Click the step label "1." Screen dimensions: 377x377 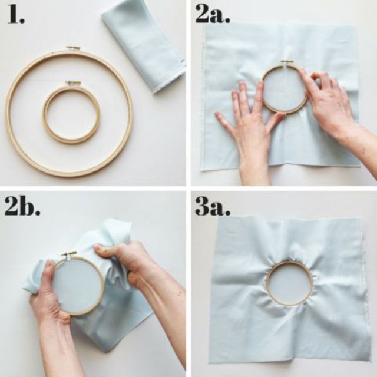point(16,14)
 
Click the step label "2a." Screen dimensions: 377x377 point(213,14)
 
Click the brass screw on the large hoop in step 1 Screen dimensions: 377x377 point(73,48)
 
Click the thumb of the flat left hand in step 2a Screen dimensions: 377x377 point(276,121)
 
